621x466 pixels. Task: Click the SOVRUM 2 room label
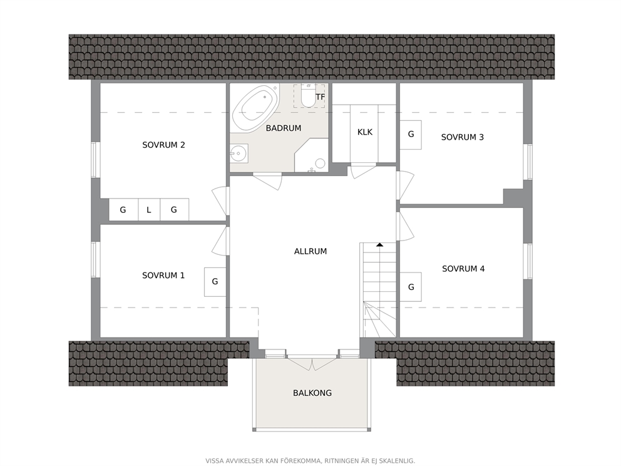(x=163, y=145)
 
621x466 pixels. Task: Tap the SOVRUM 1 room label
(x=163, y=276)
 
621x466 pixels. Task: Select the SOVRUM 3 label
(x=463, y=137)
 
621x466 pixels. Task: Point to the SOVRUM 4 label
(x=463, y=269)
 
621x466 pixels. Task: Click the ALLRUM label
(x=310, y=251)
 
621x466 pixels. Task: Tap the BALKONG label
(x=312, y=393)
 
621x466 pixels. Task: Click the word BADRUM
(x=284, y=128)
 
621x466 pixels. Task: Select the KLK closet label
(x=365, y=132)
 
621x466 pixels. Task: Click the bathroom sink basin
(x=239, y=153)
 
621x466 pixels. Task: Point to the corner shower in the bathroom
(x=311, y=155)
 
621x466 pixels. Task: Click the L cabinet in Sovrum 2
(x=149, y=209)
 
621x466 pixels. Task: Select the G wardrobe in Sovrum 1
(x=215, y=282)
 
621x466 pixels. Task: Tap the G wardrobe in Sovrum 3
(x=411, y=135)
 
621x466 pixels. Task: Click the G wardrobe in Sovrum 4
(x=411, y=287)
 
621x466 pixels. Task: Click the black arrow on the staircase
(x=380, y=245)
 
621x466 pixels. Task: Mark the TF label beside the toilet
(x=321, y=96)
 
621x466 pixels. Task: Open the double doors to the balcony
(x=312, y=363)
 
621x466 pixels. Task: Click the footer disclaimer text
(x=310, y=461)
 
